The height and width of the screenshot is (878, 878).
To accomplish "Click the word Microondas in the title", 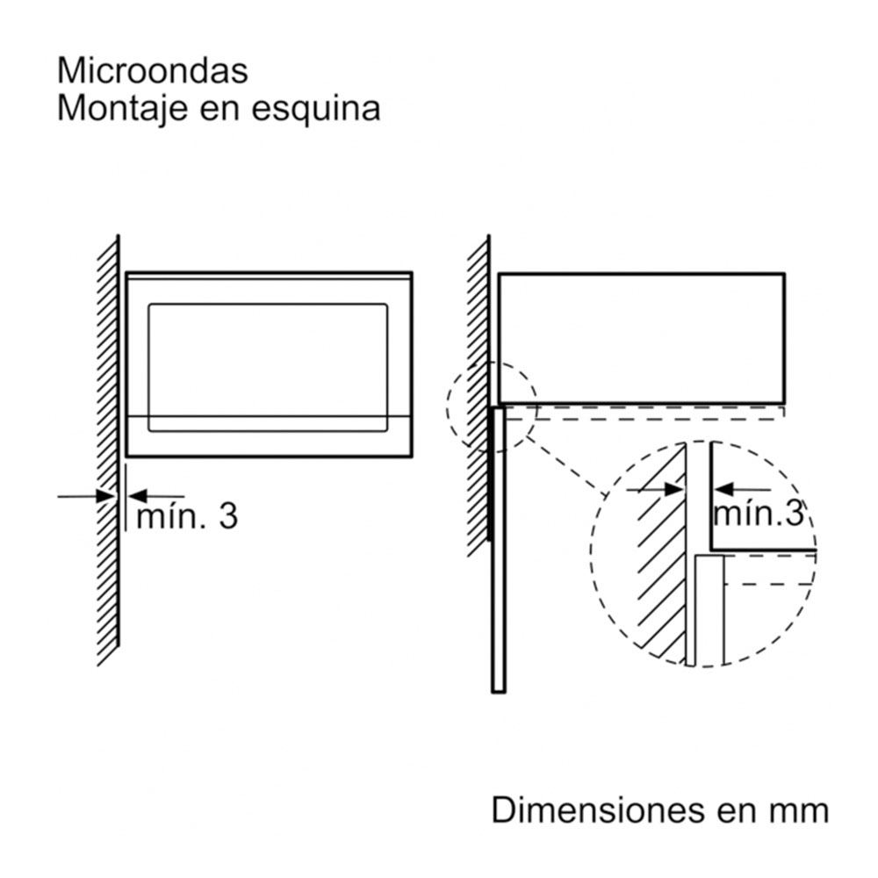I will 152,70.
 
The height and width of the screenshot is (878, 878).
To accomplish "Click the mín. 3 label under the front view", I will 186,516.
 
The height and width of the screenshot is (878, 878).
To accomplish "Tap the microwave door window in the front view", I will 268,366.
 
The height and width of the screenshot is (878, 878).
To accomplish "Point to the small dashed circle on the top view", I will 491,407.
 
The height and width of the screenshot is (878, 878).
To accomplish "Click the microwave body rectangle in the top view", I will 641,338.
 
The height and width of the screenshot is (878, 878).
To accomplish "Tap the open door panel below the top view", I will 498,549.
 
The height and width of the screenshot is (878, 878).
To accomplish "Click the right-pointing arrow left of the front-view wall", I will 88,497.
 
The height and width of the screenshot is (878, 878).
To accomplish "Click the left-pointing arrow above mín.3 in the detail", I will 742,489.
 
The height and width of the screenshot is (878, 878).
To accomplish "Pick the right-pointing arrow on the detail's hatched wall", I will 657,489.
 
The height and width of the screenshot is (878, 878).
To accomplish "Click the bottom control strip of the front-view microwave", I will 268,435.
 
